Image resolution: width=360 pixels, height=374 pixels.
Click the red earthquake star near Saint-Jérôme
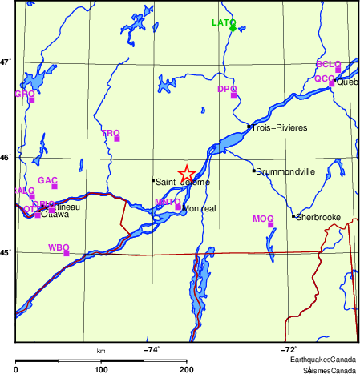185,174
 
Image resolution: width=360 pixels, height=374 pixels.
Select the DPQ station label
227,89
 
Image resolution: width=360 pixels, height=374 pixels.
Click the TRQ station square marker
117,139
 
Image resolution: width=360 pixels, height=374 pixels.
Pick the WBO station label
59,247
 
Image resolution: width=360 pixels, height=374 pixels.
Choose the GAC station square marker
55,187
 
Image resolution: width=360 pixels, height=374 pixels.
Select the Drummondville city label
286,171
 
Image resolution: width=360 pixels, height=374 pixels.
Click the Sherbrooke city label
320,217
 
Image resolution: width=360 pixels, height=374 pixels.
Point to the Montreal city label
200,208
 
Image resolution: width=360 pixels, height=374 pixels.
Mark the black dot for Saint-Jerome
152,180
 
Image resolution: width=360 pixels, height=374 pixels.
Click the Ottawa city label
55,215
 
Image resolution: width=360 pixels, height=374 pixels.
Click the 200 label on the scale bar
187,370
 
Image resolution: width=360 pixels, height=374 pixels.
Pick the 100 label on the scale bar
101,370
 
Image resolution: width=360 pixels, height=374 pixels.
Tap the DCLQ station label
328,63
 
